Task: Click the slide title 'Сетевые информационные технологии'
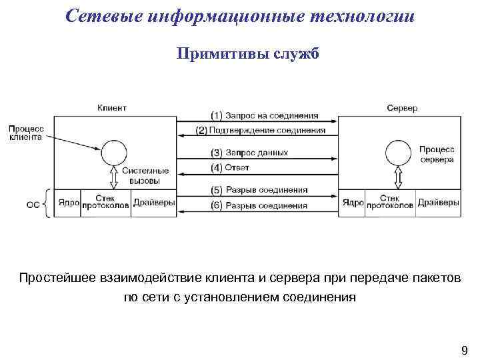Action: point(240,16)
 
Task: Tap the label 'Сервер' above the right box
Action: point(402,107)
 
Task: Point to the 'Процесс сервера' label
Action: point(437,154)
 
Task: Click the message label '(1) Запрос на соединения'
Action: point(264,115)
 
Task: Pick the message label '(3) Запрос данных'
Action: point(249,153)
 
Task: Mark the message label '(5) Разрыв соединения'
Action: point(259,189)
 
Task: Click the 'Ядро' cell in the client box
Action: point(69,202)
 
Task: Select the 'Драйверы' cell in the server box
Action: point(437,202)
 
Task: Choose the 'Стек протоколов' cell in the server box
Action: point(389,202)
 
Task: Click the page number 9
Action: point(465,350)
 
